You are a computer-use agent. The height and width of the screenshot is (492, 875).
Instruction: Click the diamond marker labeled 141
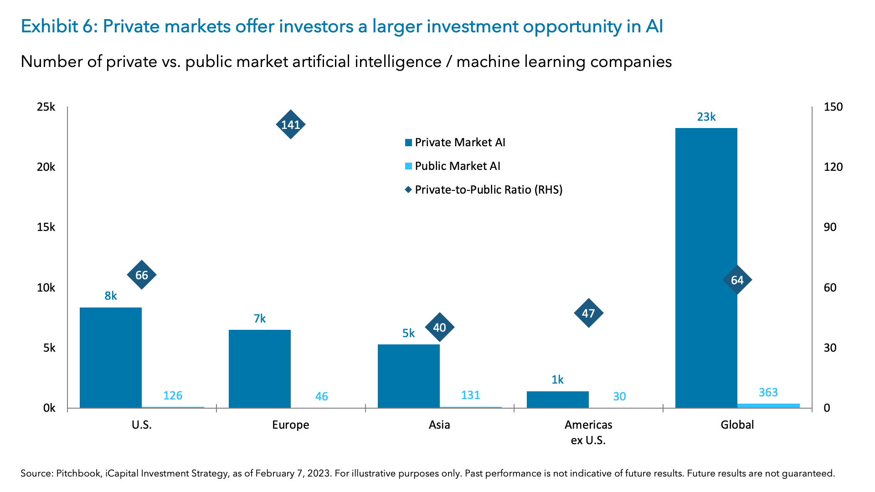click(x=290, y=124)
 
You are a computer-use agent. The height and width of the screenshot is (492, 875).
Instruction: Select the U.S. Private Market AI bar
click(x=111, y=358)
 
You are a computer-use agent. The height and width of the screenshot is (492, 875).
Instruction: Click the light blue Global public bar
click(x=768, y=405)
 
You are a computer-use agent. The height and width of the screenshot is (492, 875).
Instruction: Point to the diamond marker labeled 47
click(x=588, y=313)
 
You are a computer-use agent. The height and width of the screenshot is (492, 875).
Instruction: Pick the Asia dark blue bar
click(x=408, y=376)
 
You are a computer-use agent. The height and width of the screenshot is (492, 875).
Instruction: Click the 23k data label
click(x=706, y=117)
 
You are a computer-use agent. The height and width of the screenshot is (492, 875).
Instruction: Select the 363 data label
click(x=768, y=392)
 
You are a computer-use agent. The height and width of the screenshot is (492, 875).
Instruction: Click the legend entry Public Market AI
click(x=457, y=166)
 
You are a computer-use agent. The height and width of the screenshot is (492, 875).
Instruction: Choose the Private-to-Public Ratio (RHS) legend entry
click(x=488, y=190)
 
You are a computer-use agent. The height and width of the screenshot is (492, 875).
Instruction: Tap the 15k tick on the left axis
click(x=46, y=227)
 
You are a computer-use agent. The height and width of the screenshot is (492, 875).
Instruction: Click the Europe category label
click(x=290, y=425)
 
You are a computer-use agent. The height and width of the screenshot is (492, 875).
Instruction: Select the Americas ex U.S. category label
click(x=588, y=432)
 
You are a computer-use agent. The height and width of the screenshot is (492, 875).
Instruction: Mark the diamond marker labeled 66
click(x=141, y=275)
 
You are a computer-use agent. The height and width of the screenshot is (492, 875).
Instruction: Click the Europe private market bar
click(x=259, y=369)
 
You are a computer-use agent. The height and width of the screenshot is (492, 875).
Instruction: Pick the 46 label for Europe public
click(x=321, y=396)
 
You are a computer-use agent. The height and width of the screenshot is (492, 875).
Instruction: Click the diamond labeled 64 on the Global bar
click(x=737, y=280)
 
